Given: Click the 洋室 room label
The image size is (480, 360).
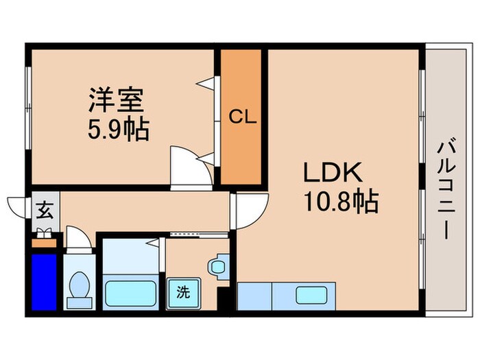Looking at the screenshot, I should point(116,101).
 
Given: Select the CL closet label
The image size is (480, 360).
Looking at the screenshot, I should point(242,116).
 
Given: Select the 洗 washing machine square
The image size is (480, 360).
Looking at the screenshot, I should point(183,291).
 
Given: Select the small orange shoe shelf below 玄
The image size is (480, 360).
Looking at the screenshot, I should point(45,241).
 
